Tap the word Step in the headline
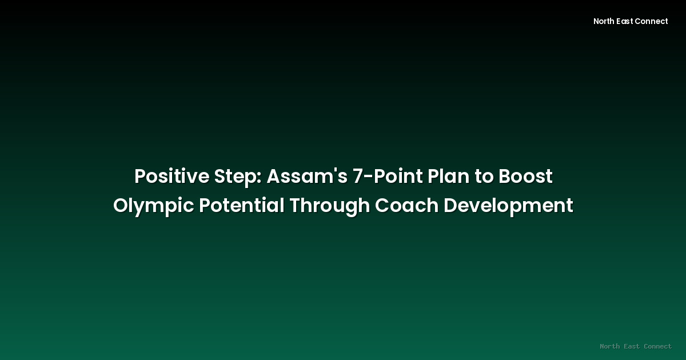[236, 177]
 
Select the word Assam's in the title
[306, 177]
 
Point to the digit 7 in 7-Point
[358, 177]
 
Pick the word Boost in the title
[525, 177]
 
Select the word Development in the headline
[508, 205]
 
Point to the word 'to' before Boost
[484, 177]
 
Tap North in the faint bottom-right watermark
[610, 346]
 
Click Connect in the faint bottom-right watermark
[657, 346]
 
